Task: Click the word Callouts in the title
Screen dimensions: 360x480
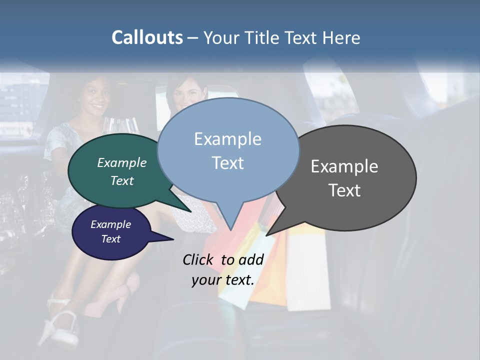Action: coord(147,37)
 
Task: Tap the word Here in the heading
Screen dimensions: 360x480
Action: coord(342,38)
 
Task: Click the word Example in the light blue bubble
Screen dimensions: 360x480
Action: coord(227,139)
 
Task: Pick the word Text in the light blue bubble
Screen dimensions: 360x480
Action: coord(227,163)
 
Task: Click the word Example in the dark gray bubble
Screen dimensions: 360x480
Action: coord(344,166)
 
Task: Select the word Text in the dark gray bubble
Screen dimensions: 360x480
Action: coord(344,190)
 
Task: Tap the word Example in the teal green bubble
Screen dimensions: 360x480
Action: coord(122,162)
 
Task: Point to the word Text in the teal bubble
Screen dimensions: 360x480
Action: coord(122,180)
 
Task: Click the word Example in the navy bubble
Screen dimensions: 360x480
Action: coord(111,224)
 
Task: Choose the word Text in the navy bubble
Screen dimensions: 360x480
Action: coord(111,239)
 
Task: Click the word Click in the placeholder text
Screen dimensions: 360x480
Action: coord(199,259)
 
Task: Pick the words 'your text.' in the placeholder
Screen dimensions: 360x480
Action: coord(223,280)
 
